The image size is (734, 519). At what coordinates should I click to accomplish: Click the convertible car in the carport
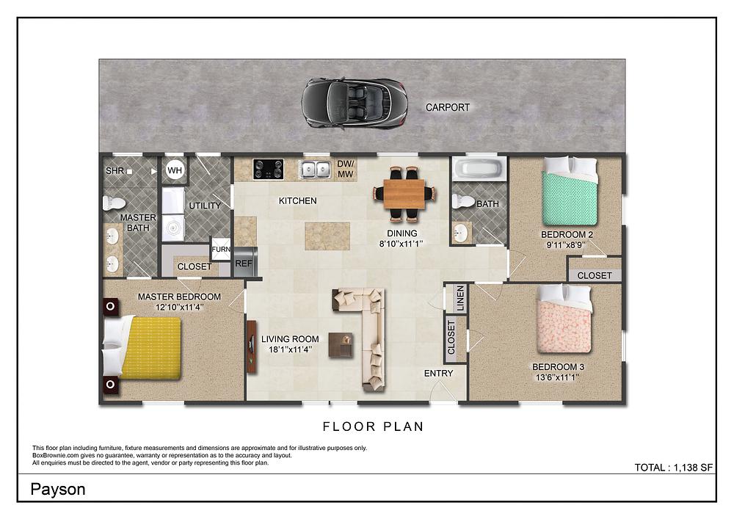353,103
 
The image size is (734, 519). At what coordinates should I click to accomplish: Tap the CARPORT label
448,108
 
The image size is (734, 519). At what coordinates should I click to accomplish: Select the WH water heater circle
175,170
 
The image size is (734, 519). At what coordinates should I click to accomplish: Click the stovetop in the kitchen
268,170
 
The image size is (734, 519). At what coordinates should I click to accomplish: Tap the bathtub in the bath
479,170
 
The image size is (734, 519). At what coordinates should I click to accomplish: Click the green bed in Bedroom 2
569,193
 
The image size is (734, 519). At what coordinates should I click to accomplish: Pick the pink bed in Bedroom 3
564,322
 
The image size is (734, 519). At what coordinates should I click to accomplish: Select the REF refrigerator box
243,262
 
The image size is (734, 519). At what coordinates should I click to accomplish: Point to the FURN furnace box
221,249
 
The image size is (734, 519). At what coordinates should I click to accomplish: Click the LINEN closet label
460,298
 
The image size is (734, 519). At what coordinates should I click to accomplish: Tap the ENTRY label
439,374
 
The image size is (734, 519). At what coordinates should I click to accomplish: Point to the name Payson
58,490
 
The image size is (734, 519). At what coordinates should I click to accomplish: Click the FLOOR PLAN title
373,426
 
